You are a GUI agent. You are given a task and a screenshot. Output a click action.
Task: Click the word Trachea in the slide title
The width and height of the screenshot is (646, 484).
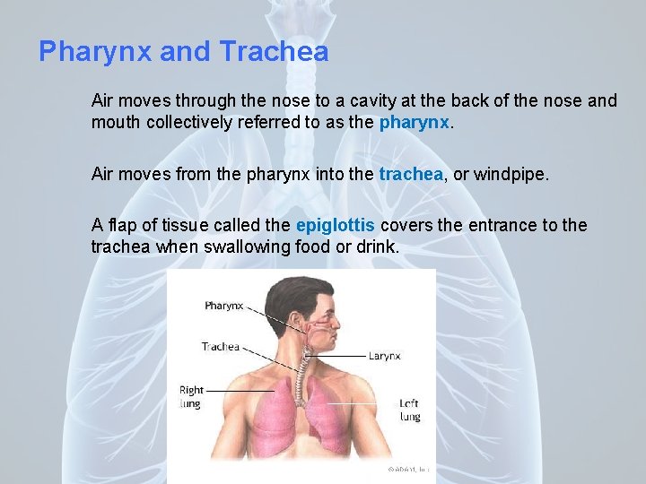(x=274, y=52)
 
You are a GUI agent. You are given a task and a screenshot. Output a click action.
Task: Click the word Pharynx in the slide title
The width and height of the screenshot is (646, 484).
(x=95, y=52)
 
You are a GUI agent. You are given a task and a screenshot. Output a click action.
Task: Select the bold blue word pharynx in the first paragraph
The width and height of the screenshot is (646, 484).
(x=414, y=123)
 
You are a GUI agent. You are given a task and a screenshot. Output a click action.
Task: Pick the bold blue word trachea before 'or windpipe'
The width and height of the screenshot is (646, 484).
(x=411, y=174)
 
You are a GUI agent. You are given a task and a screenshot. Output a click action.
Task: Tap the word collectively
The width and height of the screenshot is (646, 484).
(x=189, y=123)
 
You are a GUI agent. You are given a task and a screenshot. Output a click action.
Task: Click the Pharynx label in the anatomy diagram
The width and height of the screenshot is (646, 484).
(x=224, y=306)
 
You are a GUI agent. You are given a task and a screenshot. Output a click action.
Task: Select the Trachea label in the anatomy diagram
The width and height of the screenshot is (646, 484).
(x=221, y=347)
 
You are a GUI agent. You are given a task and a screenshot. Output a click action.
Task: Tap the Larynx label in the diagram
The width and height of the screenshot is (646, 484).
(x=384, y=356)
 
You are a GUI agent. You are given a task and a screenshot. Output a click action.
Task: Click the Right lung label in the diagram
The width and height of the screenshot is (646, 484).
(x=191, y=397)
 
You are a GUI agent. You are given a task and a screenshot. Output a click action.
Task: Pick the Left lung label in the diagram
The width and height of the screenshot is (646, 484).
(x=409, y=411)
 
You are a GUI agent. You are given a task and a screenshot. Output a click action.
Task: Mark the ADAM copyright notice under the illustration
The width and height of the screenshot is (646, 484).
(x=407, y=468)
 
